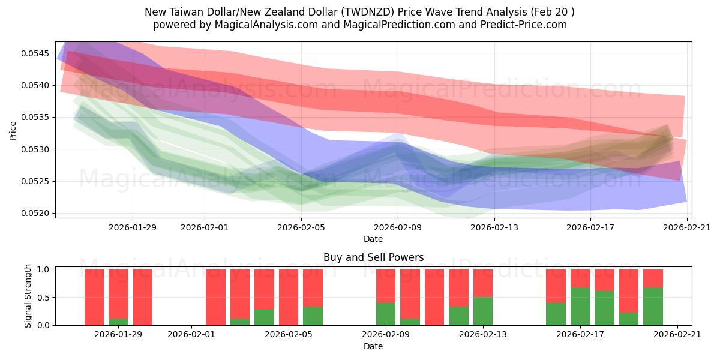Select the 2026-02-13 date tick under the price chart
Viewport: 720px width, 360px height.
click(494, 227)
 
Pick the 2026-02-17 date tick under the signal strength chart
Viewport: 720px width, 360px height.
click(580, 335)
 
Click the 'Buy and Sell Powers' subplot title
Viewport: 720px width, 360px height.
click(373, 257)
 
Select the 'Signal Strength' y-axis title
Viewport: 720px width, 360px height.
click(28, 297)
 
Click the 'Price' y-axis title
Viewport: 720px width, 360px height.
click(13, 130)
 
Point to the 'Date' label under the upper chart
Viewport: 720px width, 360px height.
click(373, 239)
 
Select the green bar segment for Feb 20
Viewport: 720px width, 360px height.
click(653, 306)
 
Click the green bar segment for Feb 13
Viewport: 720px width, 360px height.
click(483, 311)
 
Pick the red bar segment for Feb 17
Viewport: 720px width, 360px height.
click(580, 278)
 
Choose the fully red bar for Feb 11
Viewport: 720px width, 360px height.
click(434, 297)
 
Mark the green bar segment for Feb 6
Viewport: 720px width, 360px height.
click(313, 316)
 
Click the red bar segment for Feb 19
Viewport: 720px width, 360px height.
click(629, 290)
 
